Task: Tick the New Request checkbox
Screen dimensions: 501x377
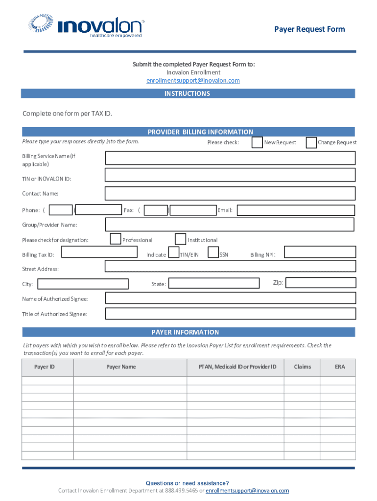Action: point(257,142)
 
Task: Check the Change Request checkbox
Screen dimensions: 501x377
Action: point(311,142)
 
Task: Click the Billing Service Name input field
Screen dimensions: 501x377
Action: point(230,158)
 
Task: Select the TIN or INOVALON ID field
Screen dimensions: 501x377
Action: point(230,175)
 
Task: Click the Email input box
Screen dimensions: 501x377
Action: point(296,210)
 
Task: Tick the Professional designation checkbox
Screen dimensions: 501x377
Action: point(116,239)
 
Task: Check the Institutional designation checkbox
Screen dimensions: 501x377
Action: point(181,239)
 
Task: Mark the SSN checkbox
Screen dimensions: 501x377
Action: point(213,252)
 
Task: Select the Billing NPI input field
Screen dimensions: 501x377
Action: point(320,252)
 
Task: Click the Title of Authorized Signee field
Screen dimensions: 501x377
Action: point(230,314)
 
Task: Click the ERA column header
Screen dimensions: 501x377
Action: point(340,367)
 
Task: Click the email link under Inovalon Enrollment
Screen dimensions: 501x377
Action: point(193,81)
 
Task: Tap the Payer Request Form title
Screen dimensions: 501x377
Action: point(309,29)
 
